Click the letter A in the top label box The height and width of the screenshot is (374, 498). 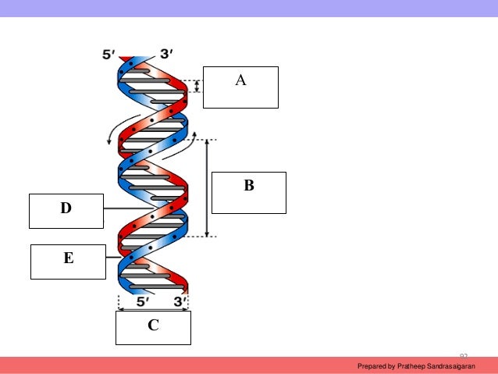coord(241,80)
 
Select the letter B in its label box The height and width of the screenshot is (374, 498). coord(249,186)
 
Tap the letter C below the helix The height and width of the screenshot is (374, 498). coord(154,325)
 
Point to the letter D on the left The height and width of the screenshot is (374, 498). coord(66,208)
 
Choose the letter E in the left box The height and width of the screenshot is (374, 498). coord(69,257)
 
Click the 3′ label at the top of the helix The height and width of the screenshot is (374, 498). coord(167,55)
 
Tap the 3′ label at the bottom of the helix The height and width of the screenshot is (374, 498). coord(180,301)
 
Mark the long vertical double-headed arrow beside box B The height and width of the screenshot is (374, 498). coord(207,188)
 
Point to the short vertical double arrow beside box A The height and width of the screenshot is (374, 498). coord(197,86)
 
